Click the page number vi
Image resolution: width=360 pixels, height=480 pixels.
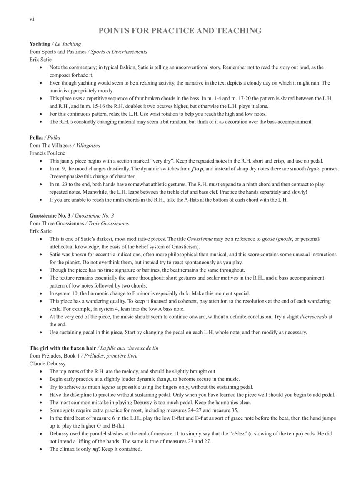[x=32, y=18]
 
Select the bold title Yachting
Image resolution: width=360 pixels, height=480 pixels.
[x=40, y=44]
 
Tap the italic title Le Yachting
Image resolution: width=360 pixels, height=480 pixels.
[x=68, y=44]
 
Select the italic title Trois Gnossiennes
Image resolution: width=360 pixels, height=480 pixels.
[x=109, y=223]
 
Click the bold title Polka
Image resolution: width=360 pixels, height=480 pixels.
[x=37, y=137]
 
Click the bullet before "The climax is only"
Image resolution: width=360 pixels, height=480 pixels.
[x=41, y=449]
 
